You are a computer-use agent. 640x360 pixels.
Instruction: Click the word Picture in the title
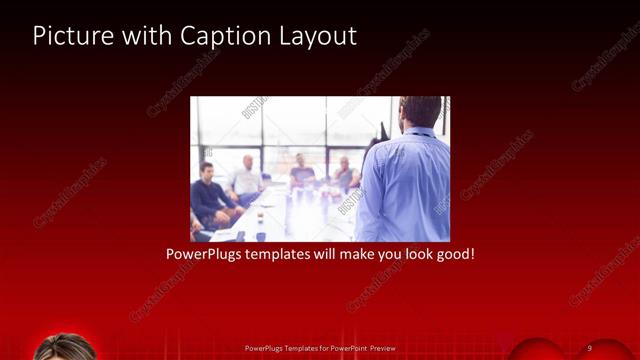[x=68, y=36]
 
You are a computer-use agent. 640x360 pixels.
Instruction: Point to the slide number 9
[x=590, y=347]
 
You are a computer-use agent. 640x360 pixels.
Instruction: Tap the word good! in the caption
[x=452, y=255]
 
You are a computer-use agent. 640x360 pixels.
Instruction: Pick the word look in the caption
[x=408, y=255]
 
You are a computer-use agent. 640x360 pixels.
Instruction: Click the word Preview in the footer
[x=383, y=347]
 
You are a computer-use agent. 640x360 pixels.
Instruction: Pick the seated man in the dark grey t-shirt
[x=301, y=175]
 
